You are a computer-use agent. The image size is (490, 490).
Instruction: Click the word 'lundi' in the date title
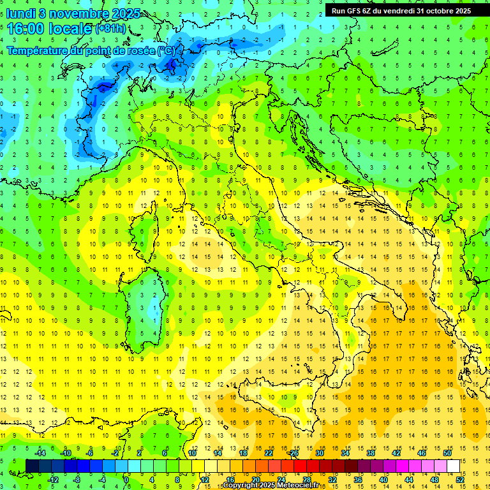(21, 13)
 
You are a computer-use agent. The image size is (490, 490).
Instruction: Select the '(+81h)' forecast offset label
(110, 29)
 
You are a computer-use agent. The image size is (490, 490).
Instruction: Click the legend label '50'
(447, 453)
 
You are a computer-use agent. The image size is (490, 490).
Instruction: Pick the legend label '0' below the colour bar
(126, 479)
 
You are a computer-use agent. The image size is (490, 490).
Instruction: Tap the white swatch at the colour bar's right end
(454, 466)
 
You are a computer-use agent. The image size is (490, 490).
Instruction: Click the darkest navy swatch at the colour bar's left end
(32, 466)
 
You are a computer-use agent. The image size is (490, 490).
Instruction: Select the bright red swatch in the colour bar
(300, 466)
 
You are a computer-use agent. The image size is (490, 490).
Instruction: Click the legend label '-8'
(77, 479)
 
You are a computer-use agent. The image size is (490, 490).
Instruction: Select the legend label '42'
(396, 453)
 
